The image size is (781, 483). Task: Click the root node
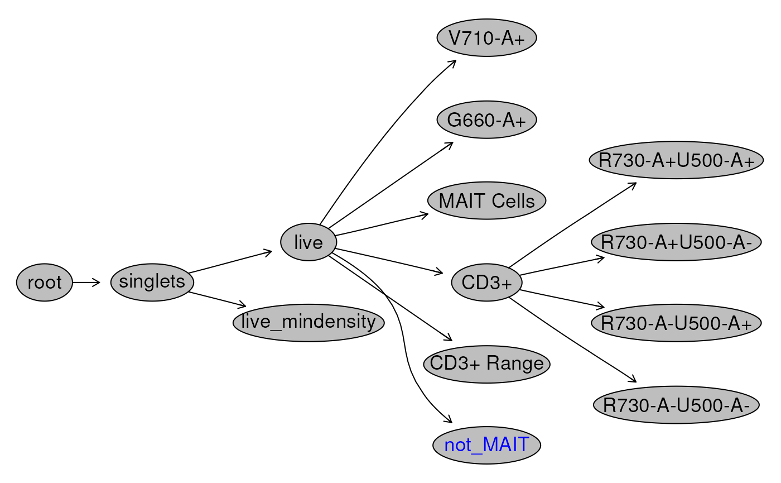tap(45, 283)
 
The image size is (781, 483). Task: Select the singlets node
tap(152, 283)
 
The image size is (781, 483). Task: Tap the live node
tap(308, 242)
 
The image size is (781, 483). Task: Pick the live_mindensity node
tap(308, 323)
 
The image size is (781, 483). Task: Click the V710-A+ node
tap(486, 38)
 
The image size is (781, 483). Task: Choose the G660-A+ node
tap(486, 119)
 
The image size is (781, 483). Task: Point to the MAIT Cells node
tap(486, 200)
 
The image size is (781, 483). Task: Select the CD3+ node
tap(486, 283)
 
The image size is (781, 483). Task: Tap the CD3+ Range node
tap(486, 364)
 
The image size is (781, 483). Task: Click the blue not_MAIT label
tap(486, 445)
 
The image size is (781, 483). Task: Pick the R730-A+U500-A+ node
tap(676, 160)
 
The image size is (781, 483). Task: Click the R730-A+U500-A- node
tap(676, 242)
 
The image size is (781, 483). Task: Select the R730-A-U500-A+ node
tap(676, 323)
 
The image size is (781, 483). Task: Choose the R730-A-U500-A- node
tap(676, 405)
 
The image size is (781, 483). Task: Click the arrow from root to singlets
tap(86, 283)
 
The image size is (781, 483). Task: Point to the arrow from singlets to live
tap(230, 261)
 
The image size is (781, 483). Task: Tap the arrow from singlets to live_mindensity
tap(217, 299)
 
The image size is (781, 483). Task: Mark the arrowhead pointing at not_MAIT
tap(448, 419)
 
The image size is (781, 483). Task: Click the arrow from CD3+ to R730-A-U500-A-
tap(573, 340)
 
